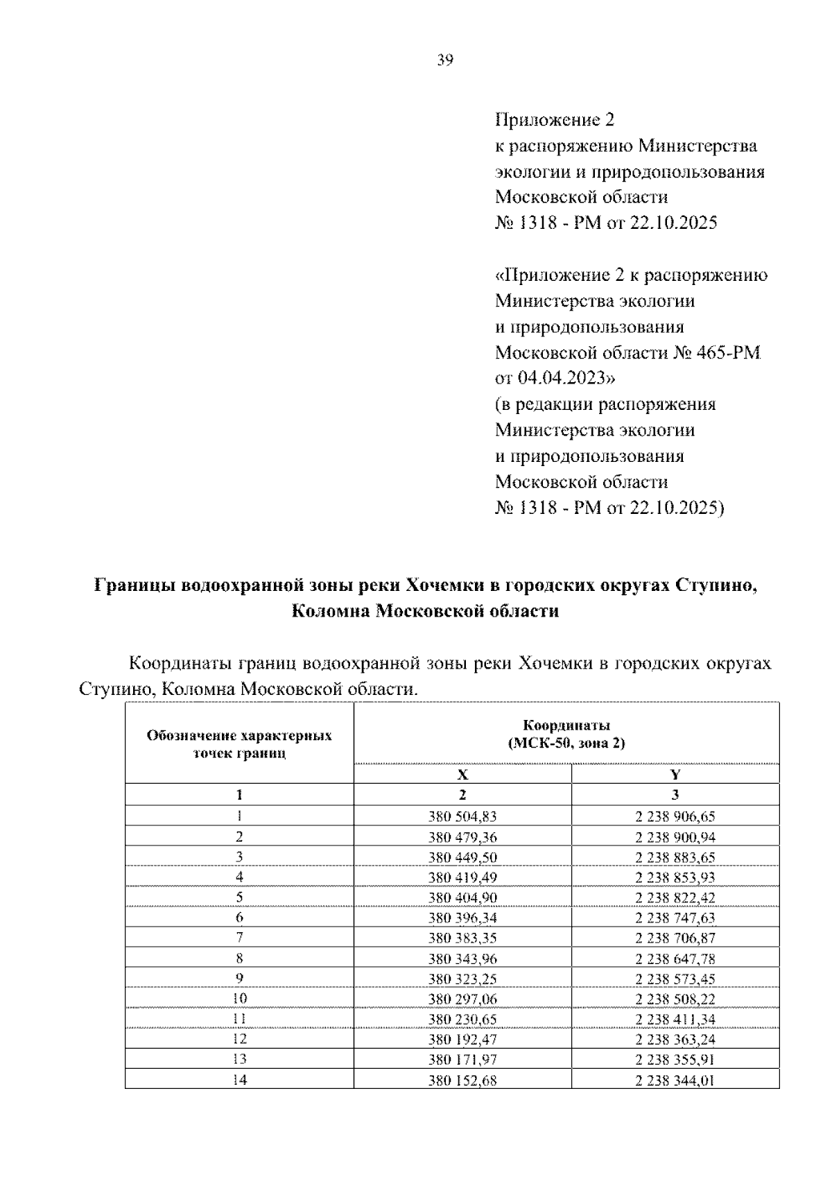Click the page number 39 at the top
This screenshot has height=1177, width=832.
click(x=445, y=61)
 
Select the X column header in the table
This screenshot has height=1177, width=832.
click(x=462, y=775)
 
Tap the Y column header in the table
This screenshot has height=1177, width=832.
click(x=675, y=775)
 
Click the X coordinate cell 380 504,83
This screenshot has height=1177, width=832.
click(x=462, y=816)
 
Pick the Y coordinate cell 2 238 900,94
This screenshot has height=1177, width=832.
click(x=675, y=837)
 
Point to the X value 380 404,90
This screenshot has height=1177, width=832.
click(x=462, y=897)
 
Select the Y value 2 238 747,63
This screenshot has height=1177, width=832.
click(x=675, y=918)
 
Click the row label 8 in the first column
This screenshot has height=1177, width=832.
click(x=239, y=959)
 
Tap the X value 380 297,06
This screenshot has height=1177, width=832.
click(x=462, y=999)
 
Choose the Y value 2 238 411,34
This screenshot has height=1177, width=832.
click(x=675, y=1020)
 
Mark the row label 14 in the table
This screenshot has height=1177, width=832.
click(x=239, y=1080)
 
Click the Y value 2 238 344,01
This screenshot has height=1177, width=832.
click(x=675, y=1080)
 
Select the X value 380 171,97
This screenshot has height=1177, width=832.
click(x=462, y=1060)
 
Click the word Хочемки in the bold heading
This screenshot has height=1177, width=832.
click(x=443, y=585)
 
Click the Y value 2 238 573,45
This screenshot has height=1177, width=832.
click(x=675, y=979)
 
